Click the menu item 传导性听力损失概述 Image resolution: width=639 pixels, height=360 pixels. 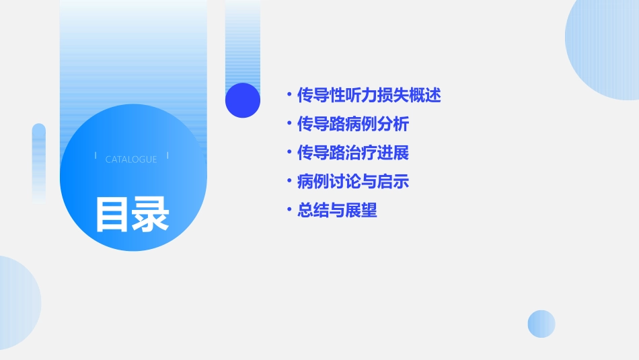point(369,96)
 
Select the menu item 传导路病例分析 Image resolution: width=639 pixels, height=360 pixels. point(353,124)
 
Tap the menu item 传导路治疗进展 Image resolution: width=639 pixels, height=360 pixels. point(353,153)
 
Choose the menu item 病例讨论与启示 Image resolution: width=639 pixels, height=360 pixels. point(353,182)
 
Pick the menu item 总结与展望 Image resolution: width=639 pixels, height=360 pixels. point(337,211)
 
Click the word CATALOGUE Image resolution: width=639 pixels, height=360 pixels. point(131,159)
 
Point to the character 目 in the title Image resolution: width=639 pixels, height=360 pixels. point(112,215)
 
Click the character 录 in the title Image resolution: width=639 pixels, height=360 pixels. point(151,215)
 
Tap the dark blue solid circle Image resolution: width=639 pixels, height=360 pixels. point(243,100)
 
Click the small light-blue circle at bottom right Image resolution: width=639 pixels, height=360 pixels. point(541,324)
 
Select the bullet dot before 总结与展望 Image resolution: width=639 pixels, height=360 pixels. point(289,211)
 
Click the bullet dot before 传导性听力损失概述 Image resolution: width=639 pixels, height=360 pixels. point(289,96)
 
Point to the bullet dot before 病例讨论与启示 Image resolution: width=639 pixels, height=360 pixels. point(289,182)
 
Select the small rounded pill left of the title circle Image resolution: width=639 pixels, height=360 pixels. point(39,161)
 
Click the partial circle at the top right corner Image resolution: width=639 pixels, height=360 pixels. point(605,47)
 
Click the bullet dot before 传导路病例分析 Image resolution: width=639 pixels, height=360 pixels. point(289,124)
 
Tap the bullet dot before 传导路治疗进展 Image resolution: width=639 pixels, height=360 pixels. point(289,153)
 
